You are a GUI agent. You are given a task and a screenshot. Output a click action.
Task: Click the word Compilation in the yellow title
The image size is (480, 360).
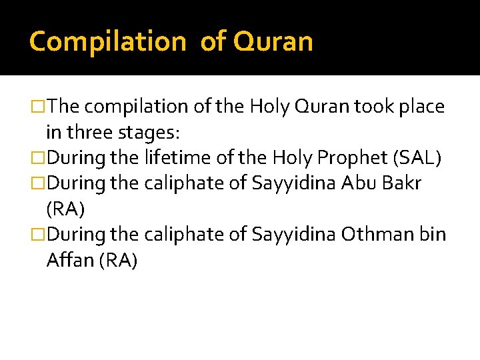107,41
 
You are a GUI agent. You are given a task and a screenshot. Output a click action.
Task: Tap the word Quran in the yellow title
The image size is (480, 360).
274,41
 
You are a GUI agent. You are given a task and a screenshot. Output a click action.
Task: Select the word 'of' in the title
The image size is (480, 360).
213,41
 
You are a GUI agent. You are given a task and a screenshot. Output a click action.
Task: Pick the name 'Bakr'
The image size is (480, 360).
403,183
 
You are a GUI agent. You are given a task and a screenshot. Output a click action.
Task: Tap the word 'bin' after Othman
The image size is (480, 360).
433,235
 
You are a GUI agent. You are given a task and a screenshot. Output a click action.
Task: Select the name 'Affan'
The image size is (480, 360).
69,261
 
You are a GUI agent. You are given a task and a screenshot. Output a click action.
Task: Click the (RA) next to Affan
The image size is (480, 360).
118,261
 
